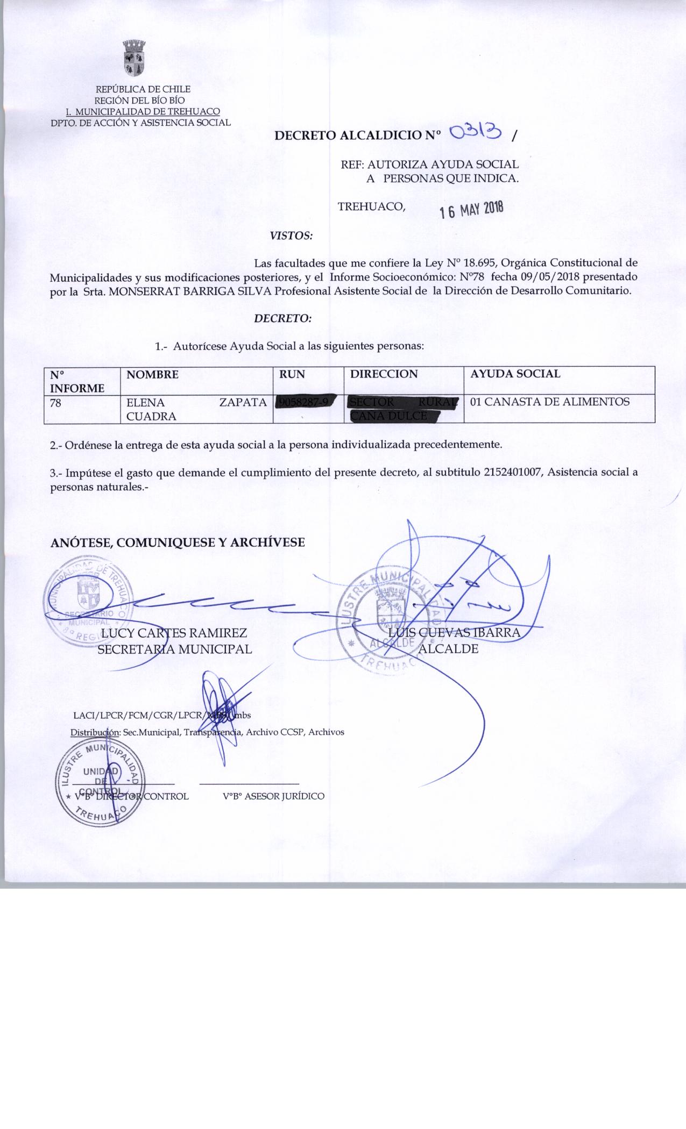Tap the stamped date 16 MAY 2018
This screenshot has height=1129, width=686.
[x=471, y=210]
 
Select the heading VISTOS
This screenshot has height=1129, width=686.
[x=291, y=235]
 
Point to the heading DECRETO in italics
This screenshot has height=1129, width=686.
[x=282, y=318]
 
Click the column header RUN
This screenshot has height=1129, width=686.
[x=292, y=374]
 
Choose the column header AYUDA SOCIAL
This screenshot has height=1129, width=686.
[x=515, y=374]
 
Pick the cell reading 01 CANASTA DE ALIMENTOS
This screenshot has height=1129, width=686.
[x=549, y=402]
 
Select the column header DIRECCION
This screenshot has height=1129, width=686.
[x=384, y=374]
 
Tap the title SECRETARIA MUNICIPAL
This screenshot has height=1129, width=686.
[x=175, y=649]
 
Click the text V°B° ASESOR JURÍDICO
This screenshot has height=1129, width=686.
[x=273, y=796]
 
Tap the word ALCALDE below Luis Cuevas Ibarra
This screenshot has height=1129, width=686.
[x=448, y=649]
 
